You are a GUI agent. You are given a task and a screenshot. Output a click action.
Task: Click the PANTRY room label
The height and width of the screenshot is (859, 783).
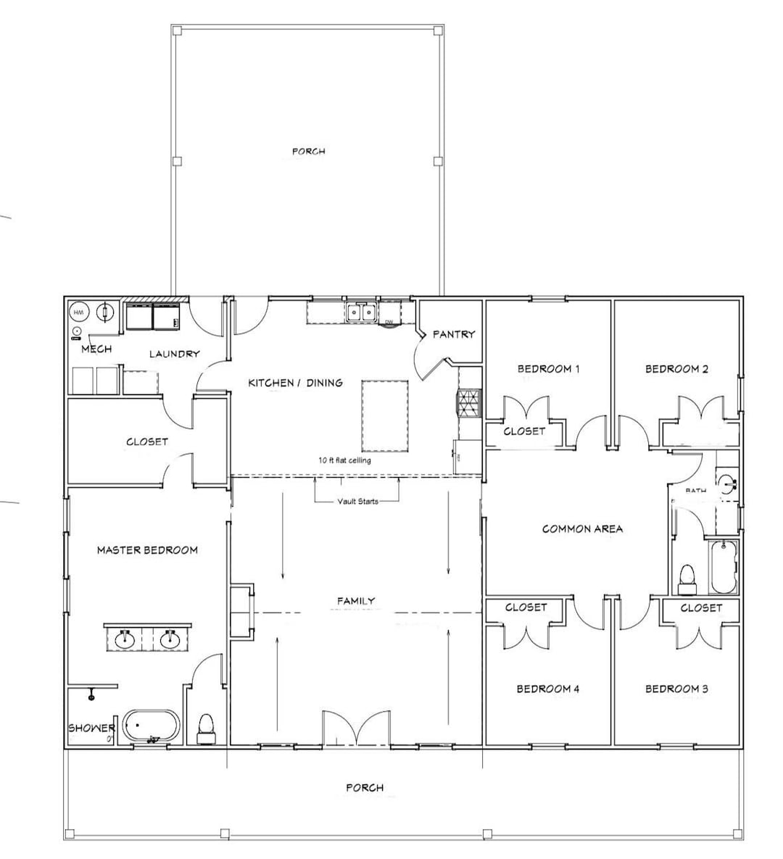(453, 334)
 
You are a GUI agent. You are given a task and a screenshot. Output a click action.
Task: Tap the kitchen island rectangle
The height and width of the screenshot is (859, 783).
(384, 414)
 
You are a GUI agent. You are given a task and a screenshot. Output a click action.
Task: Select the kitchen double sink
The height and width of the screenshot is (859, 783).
(360, 312)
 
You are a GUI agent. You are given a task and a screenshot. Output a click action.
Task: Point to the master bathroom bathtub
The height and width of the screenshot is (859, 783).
(150, 726)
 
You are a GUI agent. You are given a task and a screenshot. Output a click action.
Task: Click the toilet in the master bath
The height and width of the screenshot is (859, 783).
(206, 727)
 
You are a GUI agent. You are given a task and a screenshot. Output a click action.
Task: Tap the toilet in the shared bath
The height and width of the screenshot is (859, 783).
(687, 578)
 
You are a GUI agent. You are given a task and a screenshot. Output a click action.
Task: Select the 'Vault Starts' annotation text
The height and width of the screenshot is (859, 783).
(357, 501)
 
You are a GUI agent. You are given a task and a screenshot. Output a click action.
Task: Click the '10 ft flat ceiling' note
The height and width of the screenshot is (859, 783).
(344, 460)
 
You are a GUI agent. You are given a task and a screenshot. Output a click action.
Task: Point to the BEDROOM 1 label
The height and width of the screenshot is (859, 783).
(548, 369)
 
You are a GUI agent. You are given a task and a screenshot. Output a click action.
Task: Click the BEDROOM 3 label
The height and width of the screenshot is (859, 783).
(676, 689)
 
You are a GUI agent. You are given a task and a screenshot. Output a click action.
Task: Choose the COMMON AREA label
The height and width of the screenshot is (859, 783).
(582, 528)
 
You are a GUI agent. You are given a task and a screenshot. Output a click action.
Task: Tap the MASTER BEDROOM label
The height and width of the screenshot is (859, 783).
(147, 550)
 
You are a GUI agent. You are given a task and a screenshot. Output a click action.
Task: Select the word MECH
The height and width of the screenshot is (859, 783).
(96, 349)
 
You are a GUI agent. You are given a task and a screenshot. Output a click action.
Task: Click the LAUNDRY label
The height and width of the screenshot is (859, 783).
(174, 354)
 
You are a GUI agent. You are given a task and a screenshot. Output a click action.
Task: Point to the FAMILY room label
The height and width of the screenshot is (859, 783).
(356, 601)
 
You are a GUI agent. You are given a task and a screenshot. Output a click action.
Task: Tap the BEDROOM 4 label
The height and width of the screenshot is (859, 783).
(547, 689)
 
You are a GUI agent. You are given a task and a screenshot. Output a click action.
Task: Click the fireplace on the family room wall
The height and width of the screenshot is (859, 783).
(242, 610)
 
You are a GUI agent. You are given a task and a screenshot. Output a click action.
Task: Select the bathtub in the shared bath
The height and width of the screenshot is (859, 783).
(724, 566)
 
